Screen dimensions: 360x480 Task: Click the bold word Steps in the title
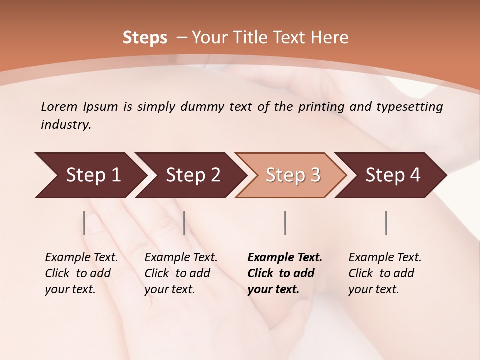tap(145, 38)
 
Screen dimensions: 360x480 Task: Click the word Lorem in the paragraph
tap(58, 106)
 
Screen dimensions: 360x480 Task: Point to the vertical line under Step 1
tap(84, 223)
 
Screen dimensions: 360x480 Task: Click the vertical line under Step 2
tap(184, 223)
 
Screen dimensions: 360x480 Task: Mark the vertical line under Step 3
tap(285, 223)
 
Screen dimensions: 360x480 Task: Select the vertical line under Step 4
tap(386, 223)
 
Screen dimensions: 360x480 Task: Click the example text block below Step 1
tap(81, 273)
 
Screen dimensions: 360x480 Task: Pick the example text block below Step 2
tap(181, 273)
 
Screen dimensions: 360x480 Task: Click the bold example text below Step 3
tap(285, 273)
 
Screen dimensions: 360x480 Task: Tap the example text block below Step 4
tap(385, 273)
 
